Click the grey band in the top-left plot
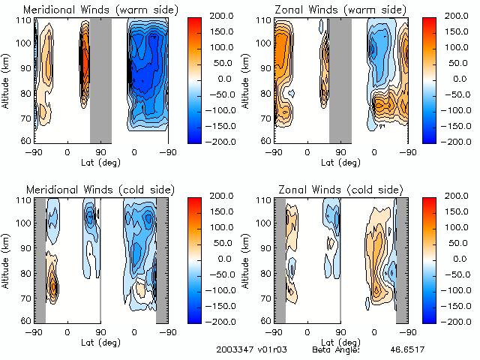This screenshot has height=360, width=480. click(x=100, y=79)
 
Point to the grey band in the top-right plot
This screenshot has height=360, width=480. click(x=340, y=79)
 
